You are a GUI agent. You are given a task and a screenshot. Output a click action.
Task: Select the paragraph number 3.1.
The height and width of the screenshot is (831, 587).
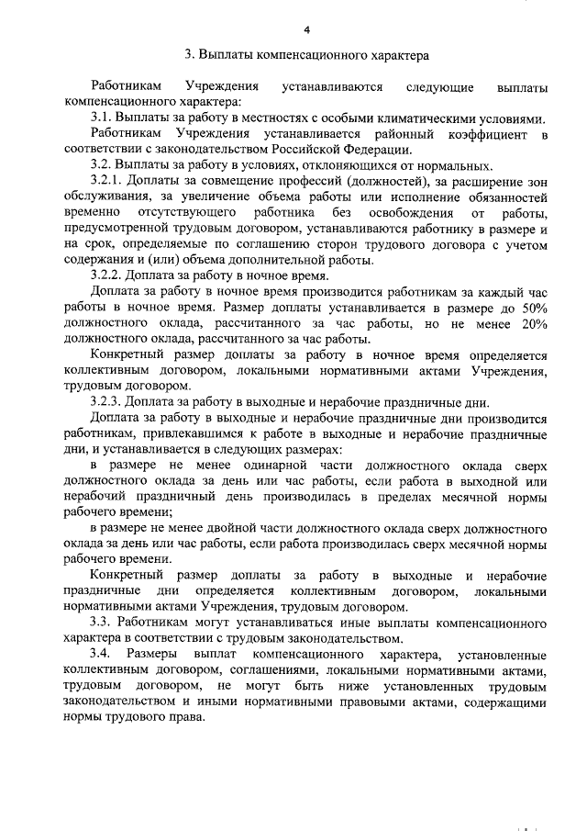pos(101,119)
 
